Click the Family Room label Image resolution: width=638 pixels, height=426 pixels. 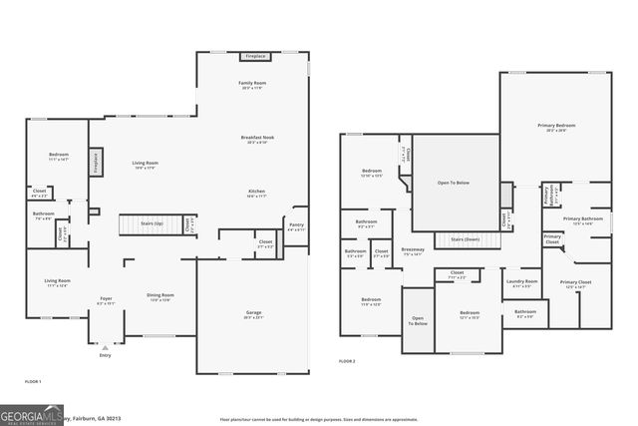251,84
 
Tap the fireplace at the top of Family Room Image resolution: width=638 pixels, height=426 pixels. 256,57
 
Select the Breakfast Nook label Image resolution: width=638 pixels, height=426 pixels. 257,138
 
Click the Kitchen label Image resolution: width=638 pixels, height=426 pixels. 257,190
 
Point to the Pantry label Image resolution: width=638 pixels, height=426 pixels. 296,225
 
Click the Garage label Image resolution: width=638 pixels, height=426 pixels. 254,312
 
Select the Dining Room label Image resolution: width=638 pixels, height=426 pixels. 161,295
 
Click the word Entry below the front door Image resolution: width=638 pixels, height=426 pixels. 106,354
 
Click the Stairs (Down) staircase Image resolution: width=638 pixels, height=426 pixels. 465,239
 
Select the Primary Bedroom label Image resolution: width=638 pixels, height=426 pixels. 557,126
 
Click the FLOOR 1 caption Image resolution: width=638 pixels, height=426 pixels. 33,381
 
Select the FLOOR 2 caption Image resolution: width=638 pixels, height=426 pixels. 347,360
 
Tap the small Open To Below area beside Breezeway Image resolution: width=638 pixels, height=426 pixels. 419,320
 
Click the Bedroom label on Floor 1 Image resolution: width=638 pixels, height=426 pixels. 59,155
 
